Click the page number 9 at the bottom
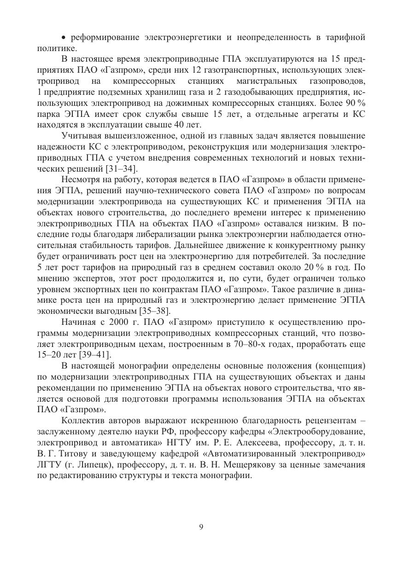201,527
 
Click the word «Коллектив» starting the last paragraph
82,421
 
